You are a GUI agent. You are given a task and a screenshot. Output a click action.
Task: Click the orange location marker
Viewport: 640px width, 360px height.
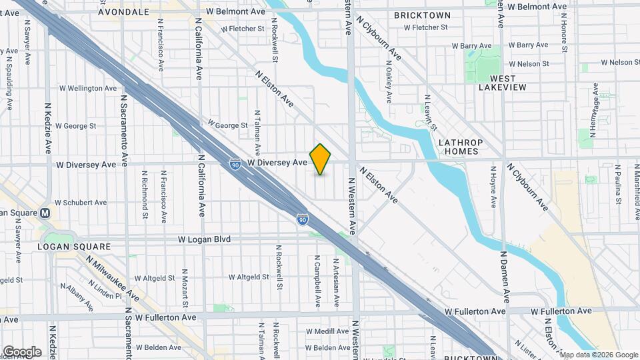pos(321,159)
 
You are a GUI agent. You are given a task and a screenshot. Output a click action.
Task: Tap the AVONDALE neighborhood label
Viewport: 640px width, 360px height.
pos(123,12)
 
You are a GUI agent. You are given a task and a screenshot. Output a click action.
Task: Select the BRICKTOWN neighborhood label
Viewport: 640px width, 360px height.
pos(422,15)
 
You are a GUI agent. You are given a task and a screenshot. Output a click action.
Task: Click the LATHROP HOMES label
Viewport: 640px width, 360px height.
pos(460,147)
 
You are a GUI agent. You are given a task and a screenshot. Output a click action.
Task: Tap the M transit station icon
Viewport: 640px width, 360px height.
pos(45,213)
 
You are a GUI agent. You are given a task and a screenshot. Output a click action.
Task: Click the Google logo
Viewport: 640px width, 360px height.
pos(21,352)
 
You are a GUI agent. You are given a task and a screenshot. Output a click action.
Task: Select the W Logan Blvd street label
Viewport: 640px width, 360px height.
pos(204,239)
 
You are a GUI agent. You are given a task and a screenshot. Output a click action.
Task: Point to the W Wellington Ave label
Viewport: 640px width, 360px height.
pos(88,87)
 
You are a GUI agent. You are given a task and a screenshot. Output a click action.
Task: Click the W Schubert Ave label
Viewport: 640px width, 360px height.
pos(81,202)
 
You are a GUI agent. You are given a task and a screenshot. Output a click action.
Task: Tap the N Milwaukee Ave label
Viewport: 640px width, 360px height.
pos(113,279)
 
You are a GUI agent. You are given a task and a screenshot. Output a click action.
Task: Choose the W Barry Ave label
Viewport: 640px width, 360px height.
pos(471,46)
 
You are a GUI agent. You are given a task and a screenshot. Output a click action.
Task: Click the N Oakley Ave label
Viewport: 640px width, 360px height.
pos(389,83)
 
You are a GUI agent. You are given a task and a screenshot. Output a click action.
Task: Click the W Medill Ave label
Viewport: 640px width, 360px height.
pos(323,331)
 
